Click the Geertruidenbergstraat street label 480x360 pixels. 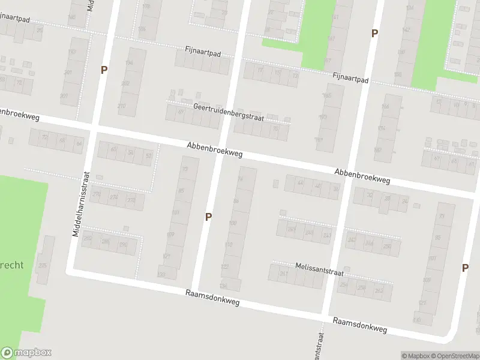point(229,111)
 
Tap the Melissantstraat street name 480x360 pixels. point(319,269)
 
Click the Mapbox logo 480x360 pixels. point(26,353)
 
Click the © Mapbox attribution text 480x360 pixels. point(416,356)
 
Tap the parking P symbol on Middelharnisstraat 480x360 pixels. point(104,70)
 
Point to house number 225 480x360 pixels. point(42,266)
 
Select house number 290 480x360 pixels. point(123,244)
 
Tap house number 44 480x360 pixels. point(301,183)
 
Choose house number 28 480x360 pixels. point(387,198)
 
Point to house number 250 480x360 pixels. point(386,246)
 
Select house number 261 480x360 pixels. point(283,273)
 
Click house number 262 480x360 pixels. point(379,290)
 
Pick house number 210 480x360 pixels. point(122,106)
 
